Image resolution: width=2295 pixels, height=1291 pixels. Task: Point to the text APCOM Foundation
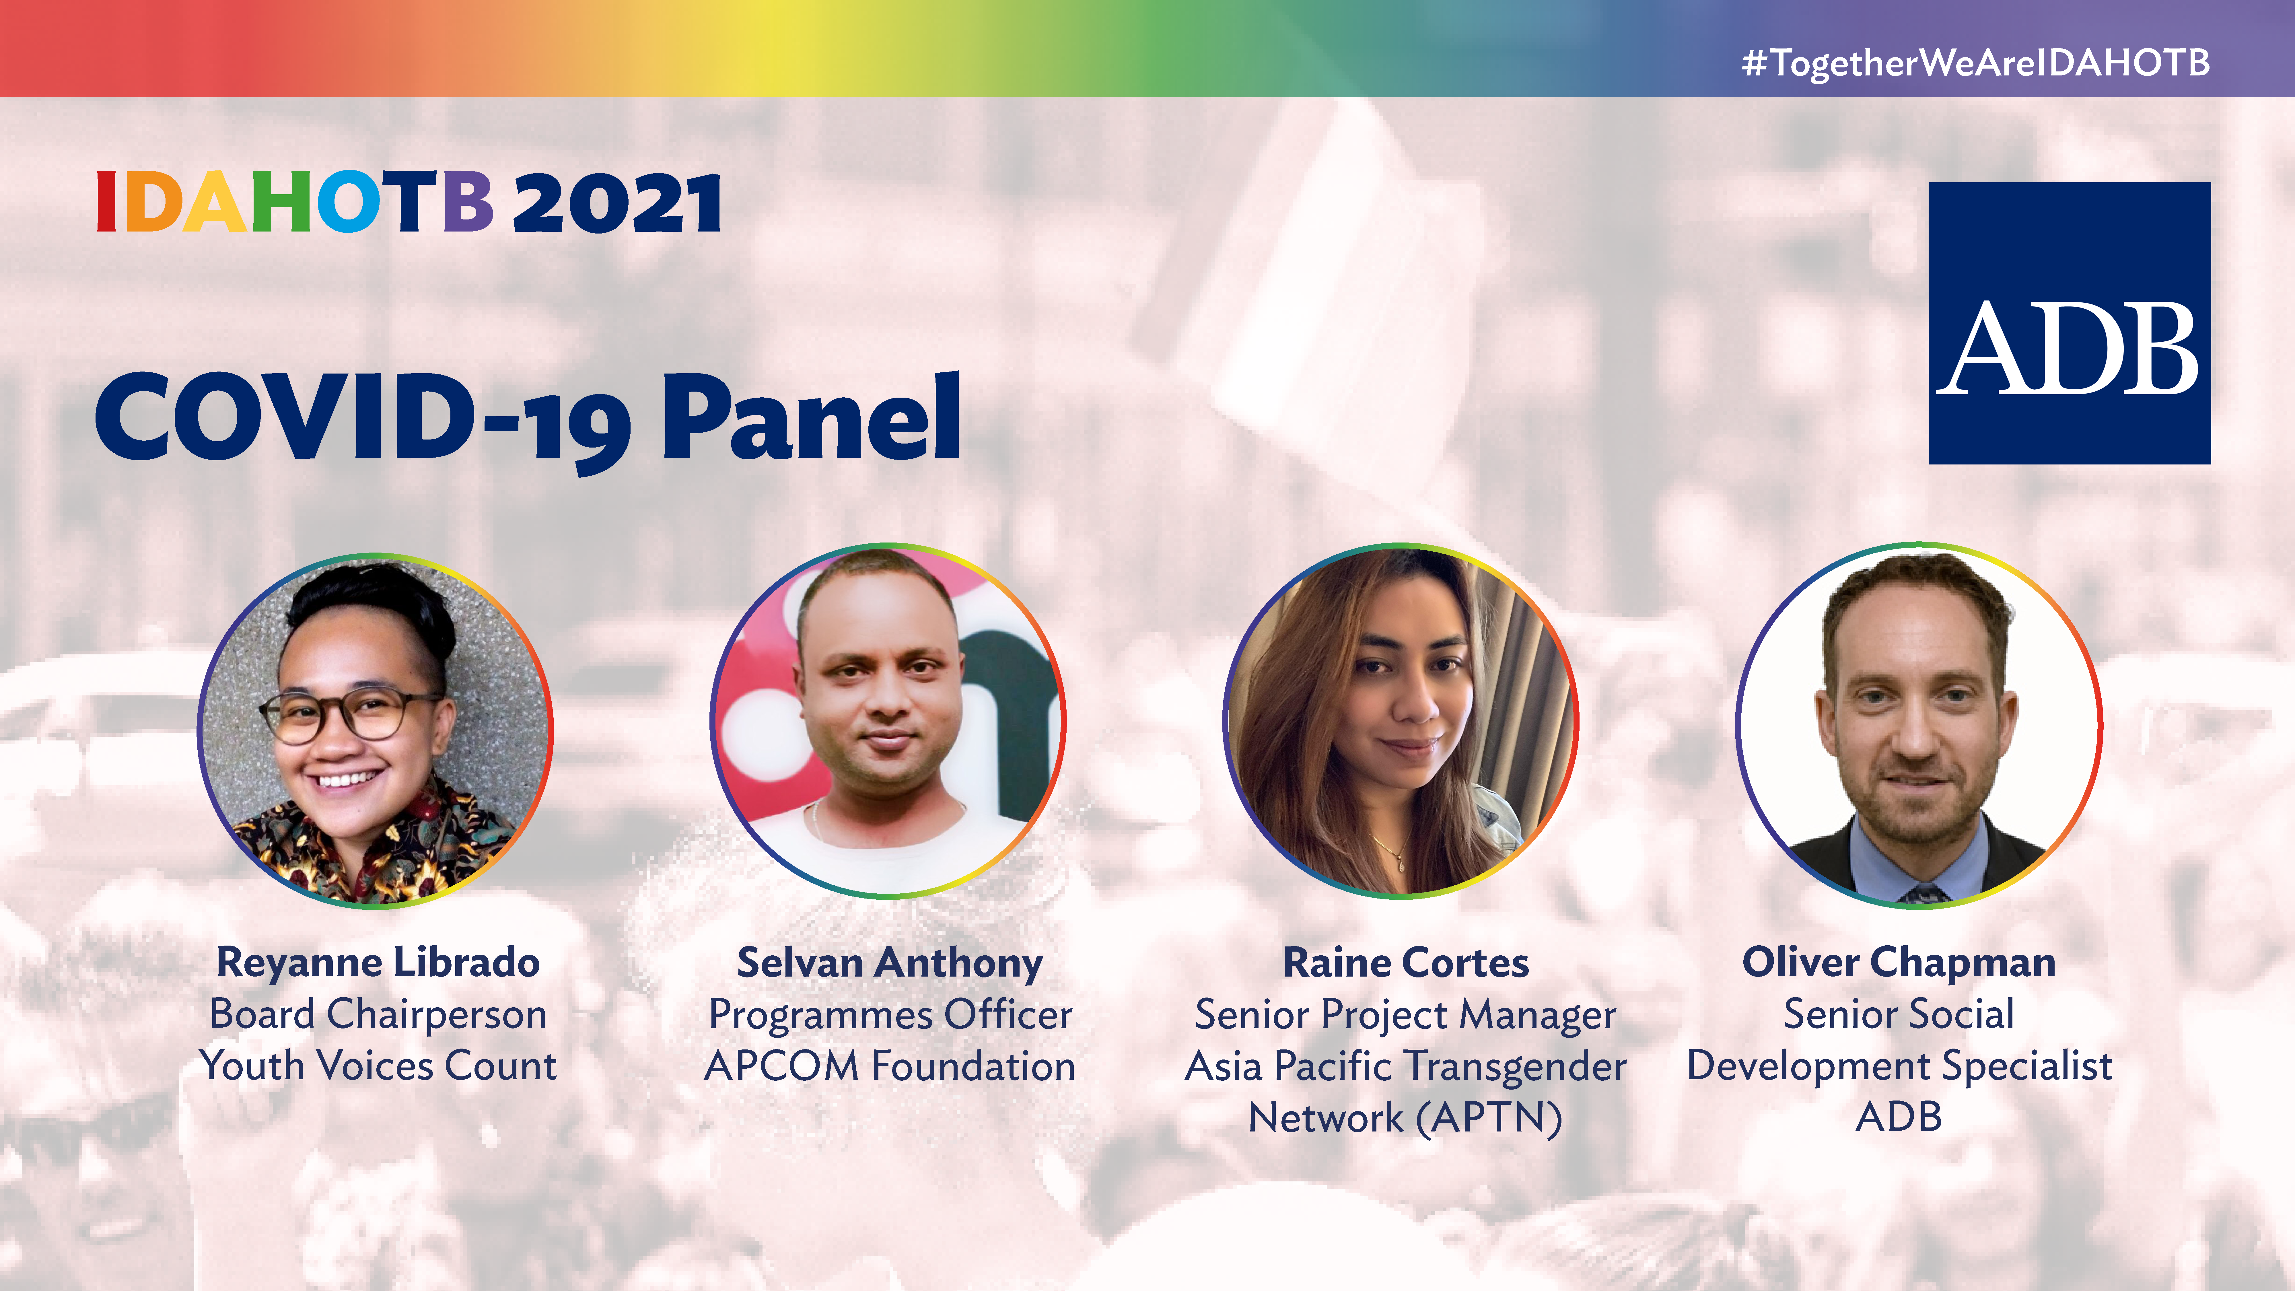[x=890, y=1066]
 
